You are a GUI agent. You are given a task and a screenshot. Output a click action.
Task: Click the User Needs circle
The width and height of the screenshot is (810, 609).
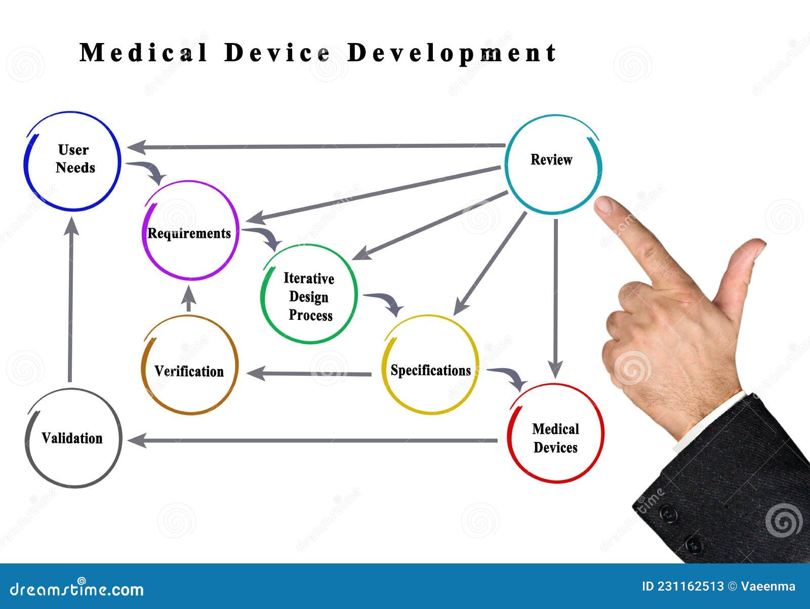tap(73, 160)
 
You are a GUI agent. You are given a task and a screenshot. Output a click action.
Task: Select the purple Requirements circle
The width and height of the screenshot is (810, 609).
tap(190, 231)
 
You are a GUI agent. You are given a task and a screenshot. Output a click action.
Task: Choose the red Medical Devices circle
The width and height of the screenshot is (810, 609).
tap(555, 433)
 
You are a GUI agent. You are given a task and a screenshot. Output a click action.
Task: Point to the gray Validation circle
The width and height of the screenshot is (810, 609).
tap(73, 438)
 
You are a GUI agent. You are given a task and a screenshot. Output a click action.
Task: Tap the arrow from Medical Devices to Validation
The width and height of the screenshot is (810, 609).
tap(314, 440)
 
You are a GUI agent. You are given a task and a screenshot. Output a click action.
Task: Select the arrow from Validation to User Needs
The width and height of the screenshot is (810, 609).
tap(71, 299)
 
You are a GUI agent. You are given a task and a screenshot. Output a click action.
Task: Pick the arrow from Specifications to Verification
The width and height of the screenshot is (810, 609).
tap(309, 374)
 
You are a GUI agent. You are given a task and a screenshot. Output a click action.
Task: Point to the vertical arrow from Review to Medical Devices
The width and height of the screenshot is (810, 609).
tap(555, 299)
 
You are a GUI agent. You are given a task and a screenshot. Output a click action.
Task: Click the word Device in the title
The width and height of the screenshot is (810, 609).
tap(277, 53)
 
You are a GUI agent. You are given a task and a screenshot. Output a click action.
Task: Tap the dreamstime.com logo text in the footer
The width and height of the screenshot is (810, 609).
tap(77, 589)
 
